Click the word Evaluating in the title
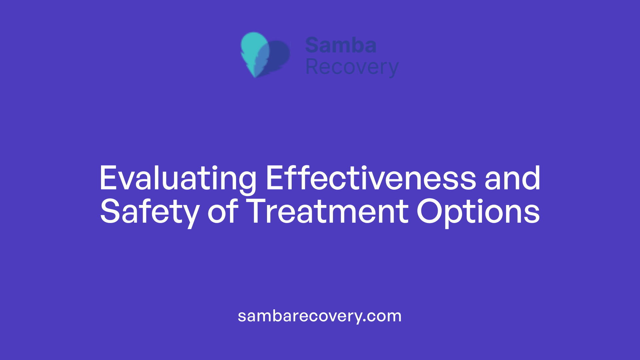[178, 179]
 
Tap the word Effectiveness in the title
[371, 179]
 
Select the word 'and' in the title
[512, 179]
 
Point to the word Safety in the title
[150, 212]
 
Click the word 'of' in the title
[223, 212]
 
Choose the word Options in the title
[478, 212]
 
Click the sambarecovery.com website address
[320, 316]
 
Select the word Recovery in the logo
[352, 67]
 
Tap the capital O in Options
[430, 212]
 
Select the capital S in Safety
[110, 212]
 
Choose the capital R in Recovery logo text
[312, 67]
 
